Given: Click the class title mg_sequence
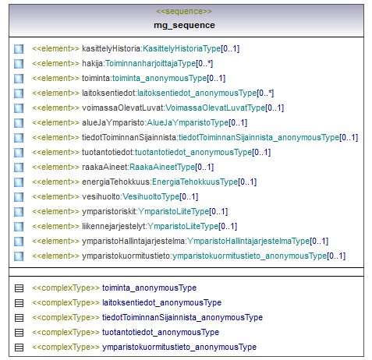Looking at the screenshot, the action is (184, 25).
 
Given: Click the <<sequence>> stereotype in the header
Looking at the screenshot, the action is (184, 12).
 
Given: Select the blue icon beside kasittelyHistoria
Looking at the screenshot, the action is (19, 49).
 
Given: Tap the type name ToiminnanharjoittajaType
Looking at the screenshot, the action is (151, 64).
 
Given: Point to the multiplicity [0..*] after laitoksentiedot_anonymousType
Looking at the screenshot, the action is (265, 93).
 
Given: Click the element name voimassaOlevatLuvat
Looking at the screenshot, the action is (122, 108).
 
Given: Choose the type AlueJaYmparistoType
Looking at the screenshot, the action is (188, 122).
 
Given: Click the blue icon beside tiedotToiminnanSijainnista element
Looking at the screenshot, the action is (19, 138).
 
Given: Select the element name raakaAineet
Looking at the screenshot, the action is (105, 167).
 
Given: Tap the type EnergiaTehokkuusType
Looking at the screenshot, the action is (195, 182).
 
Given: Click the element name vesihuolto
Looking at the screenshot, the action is (101, 196).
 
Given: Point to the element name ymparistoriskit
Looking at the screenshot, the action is (109, 212).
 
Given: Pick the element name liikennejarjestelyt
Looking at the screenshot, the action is (114, 227).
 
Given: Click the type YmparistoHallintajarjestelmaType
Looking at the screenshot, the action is (249, 242).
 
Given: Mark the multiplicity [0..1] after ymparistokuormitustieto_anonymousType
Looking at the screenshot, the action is (336, 256).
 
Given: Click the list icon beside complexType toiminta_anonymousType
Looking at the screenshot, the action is (19, 288).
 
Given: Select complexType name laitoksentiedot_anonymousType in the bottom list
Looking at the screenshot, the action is (161, 303).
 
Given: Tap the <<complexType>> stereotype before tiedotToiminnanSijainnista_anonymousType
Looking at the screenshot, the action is (66, 318).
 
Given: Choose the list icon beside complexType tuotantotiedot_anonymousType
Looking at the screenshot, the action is (19, 333).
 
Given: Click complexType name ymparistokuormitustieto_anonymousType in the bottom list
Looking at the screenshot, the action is (179, 348).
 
